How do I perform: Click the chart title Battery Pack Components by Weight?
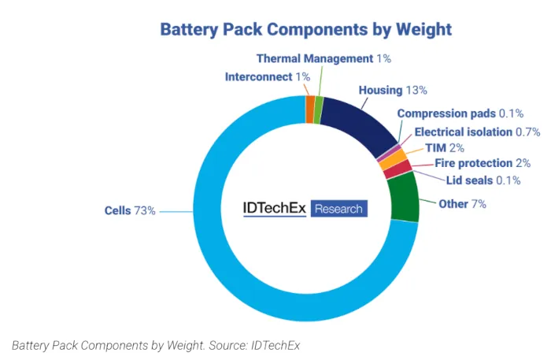305,30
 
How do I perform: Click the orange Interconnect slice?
310,109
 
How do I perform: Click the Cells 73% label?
130,210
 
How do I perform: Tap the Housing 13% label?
393,90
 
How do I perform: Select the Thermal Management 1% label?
324,58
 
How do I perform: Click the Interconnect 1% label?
267,76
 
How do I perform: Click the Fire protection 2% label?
483,164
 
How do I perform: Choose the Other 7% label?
462,204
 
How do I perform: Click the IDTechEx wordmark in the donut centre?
275,209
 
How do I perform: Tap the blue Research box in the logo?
338,209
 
